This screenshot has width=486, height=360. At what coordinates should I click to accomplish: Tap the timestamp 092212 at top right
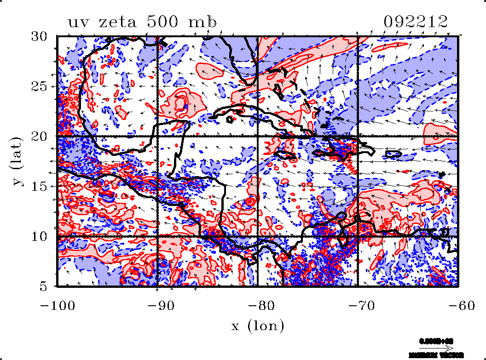click(416, 22)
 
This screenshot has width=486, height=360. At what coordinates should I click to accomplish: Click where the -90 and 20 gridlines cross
click(157, 137)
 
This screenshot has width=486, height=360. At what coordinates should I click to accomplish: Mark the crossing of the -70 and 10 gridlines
click(358, 236)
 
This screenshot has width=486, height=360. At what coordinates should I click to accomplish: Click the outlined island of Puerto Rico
click(393, 154)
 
